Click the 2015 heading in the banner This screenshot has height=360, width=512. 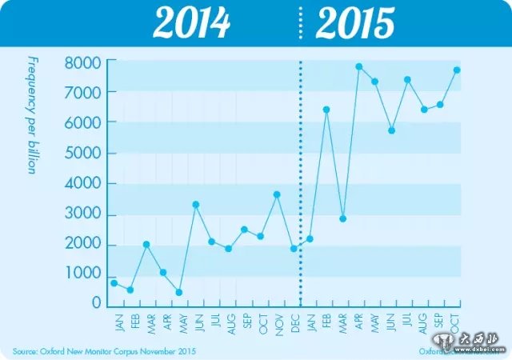[x=354, y=24]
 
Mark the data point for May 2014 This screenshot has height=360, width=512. [x=178, y=292]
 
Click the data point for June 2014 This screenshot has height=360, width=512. [x=195, y=205]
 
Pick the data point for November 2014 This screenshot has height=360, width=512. [x=277, y=194]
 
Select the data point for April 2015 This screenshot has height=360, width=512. [x=358, y=66]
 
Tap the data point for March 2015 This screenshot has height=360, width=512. [x=342, y=218]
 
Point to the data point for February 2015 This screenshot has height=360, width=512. [x=326, y=110]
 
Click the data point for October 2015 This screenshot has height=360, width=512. [x=457, y=70]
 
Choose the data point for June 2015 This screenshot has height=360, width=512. [x=391, y=130]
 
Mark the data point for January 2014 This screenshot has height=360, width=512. [x=114, y=282]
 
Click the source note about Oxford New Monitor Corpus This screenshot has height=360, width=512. [x=104, y=350]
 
